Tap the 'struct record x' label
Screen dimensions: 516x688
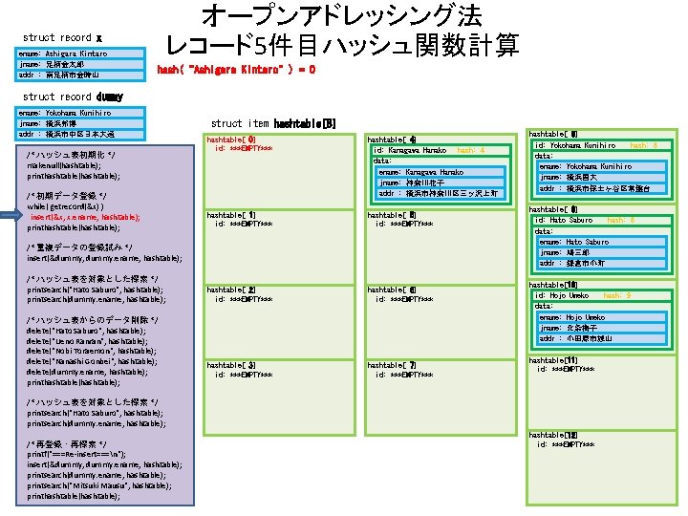(62, 37)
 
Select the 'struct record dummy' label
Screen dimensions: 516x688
(73, 97)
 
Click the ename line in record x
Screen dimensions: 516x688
(63, 54)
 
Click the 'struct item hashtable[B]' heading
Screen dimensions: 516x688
(273, 123)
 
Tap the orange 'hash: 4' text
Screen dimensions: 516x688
(471, 150)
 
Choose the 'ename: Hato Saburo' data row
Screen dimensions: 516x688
(573, 242)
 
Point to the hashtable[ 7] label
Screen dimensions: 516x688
(392, 365)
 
